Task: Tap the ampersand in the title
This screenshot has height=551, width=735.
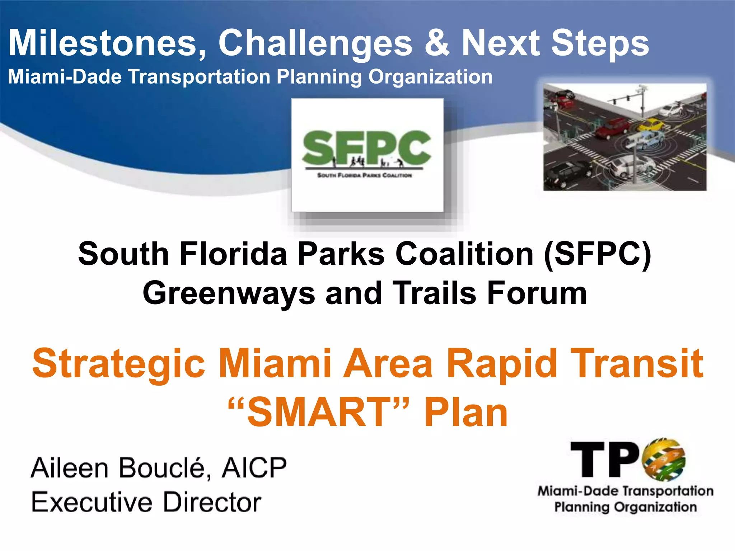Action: pos(436,43)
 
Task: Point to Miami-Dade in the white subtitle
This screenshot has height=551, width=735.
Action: pos(65,77)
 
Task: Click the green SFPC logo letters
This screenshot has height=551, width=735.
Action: pos(367,148)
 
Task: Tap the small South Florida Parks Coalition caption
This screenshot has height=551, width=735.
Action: pos(365,175)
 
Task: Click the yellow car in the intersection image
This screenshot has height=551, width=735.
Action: pos(650,125)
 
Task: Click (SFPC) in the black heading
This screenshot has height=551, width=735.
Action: pos(598,254)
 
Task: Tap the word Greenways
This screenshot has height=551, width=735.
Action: pos(229,293)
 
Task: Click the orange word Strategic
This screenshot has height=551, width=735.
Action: pos(118,364)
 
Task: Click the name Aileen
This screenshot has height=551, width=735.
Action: pos(70,468)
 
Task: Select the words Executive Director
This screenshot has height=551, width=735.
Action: pos(146,502)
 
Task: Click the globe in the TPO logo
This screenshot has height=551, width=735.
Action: pos(665,459)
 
